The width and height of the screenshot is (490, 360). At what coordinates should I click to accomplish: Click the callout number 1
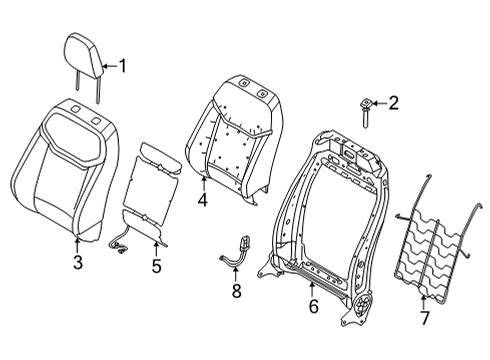(123, 67)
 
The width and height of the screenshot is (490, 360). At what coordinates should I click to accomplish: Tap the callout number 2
(394, 101)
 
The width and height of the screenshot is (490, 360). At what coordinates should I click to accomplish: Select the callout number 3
(78, 263)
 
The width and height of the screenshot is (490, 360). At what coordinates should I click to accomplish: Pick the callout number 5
(155, 266)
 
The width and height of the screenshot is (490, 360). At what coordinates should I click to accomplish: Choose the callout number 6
(313, 307)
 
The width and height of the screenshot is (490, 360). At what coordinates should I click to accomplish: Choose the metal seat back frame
(330, 210)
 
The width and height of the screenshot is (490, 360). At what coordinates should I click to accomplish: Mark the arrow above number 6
(313, 289)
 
